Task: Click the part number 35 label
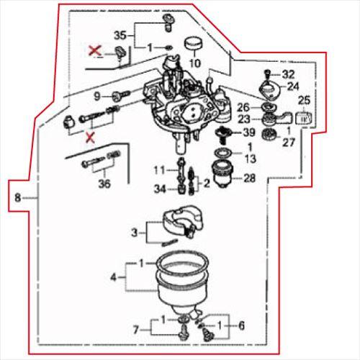click(x=120, y=35)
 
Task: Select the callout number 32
click(x=288, y=74)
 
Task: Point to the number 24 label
click(x=294, y=86)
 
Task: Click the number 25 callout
click(x=303, y=100)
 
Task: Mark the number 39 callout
click(x=249, y=132)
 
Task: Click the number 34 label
click(x=161, y=189)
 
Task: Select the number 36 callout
click(x=105, y=184)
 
